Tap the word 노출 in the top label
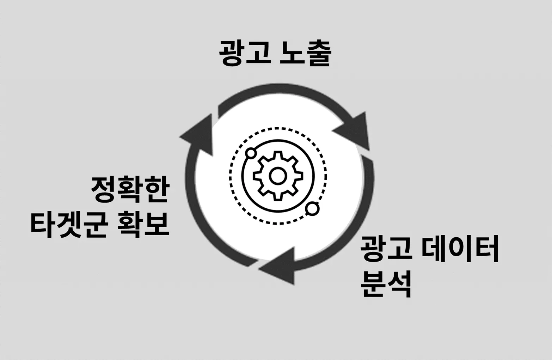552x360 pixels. click(x=305, y=54)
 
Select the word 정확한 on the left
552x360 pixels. click(x=130, y=189)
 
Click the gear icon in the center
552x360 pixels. click(x=278, y=176)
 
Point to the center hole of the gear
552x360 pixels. click(x=278, y=176)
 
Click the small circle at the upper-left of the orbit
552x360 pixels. click(x=251, y=153)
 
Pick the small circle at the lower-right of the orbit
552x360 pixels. click(x=312, y=209)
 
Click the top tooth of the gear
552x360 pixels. click(x=278, y=155)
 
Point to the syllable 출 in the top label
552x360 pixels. click(x=318, y=54)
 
